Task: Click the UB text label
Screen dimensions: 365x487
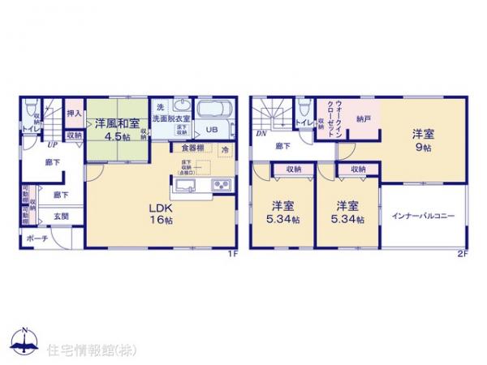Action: [x=210, y=129]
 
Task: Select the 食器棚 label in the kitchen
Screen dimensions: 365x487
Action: [x=192, y=148]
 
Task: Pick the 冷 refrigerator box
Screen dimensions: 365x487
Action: [x=225, y=148]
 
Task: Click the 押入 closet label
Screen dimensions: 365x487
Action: [x=73, y=115]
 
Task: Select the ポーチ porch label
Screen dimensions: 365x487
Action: [x=35, y=238]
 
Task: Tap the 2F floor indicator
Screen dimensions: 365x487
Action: [x=462, y=252]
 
